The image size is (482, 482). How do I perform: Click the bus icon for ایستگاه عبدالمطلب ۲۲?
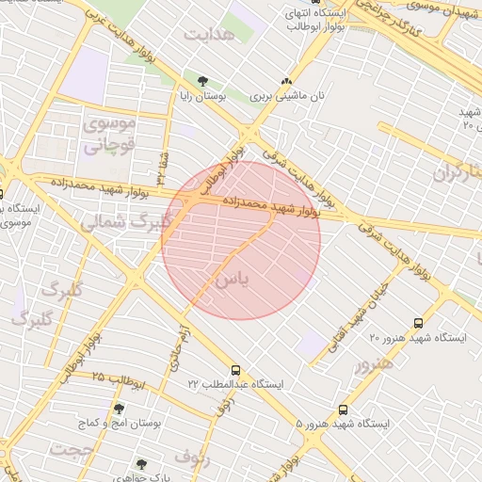(x=235, y=370)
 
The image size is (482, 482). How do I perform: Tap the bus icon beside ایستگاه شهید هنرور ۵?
(x=343, y=410)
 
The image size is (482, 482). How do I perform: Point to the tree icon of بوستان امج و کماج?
(x=119, y=409)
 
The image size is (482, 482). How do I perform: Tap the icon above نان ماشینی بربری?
(x=286, y=82)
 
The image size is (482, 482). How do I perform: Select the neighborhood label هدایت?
(x=208, y=35)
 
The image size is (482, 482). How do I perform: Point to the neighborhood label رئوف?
(x=192, y=459)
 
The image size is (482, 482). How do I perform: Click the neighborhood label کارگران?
(x=458, y=172)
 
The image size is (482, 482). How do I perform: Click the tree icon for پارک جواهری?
(x=141, y=464)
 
